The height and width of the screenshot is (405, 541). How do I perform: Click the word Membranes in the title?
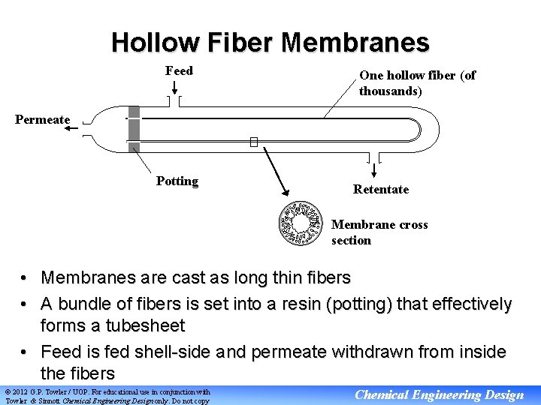[355, 42]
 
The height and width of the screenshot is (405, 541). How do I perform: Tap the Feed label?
[179, 71]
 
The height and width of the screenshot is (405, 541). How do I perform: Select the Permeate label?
[43, 120]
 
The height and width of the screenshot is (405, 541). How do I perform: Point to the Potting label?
[177, 181]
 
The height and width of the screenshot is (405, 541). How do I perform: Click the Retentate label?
[381, 189]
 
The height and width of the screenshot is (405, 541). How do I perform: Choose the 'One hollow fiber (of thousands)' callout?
[417, 83]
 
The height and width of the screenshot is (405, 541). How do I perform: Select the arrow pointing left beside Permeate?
[72, 129]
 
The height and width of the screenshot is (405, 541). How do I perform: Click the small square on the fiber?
[254, 142]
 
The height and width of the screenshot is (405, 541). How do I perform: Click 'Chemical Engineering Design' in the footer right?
[440, 395]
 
